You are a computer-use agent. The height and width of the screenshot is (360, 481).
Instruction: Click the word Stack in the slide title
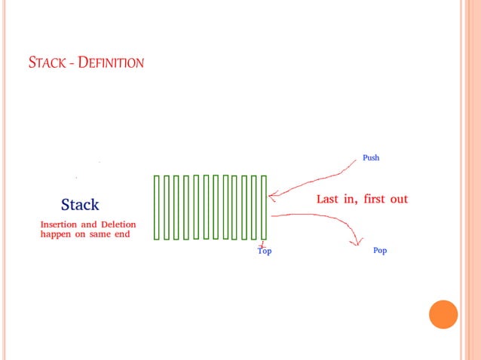click(x=47, y=63)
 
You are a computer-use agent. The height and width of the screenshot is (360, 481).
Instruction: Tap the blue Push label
click(x=371, y=158)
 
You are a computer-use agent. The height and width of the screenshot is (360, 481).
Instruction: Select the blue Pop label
click(x=380, y=250)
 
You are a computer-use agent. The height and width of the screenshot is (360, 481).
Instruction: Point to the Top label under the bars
click(x=265, y=251)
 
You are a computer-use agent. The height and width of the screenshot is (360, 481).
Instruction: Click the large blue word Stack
click(x=80, y=204)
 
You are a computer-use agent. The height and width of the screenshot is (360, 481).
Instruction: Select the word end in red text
click(x=121, y=234)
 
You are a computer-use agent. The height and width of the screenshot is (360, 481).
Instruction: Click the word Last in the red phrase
click(x=329, y=200)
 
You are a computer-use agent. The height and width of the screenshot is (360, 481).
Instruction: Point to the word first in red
click(x=375, y=200)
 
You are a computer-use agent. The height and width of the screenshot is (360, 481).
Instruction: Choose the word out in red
click(x=400, y=200)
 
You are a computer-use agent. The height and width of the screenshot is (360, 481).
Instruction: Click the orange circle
click(x=443, y=314)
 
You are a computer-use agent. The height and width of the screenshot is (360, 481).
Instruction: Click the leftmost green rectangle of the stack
click(x=157, y=207)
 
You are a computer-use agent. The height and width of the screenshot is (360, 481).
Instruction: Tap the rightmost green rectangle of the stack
click(x=264, y=207)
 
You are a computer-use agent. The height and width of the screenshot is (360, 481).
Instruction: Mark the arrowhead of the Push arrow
click(x=271, y=198)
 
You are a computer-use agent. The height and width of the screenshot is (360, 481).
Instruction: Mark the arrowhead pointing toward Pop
click(x=355, y=242)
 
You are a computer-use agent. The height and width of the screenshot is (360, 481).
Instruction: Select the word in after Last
click(x=351, y=200)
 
